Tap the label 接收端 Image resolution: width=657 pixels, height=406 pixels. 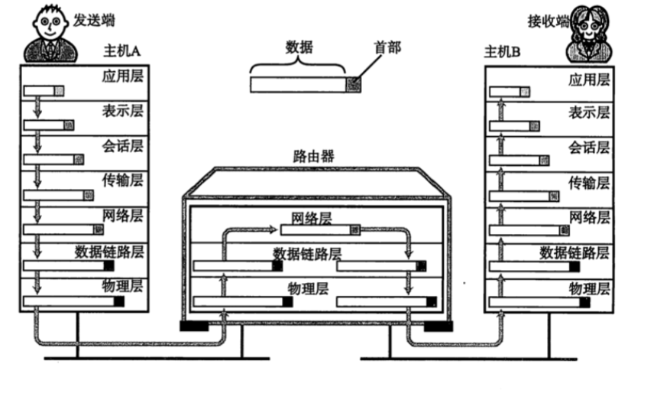coord(548,21)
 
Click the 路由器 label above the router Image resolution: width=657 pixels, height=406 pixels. coord(313,157)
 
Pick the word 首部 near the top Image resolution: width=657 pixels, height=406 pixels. coord(387,47)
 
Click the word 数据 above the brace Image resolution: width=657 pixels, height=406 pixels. coord(299,47)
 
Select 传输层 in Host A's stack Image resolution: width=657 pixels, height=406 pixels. coord(123,181)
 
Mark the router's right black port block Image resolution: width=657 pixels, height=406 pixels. coord(439,327)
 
